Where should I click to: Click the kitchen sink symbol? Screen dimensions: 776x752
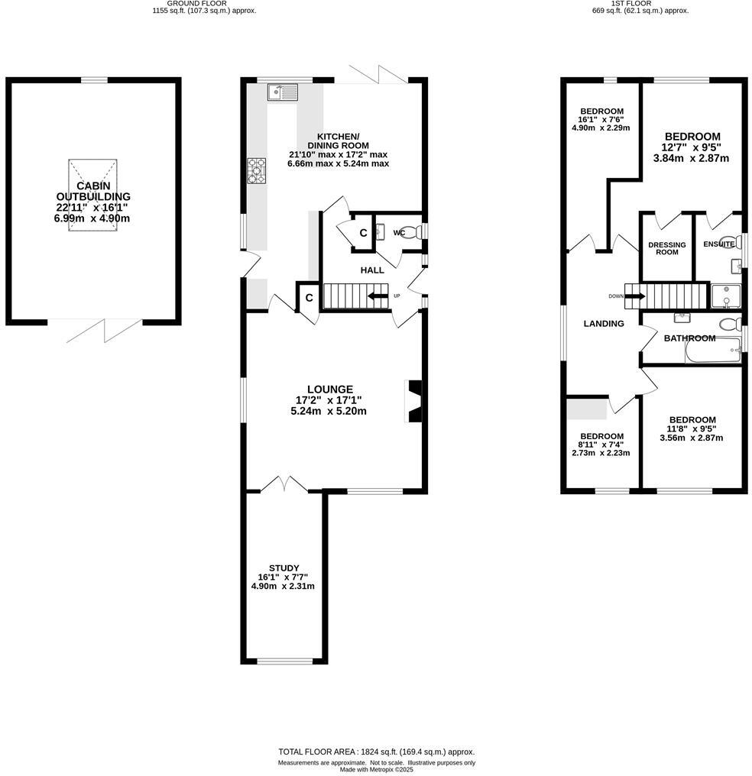click(x=282, y=93)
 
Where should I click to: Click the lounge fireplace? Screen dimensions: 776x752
click(x=413, y=401)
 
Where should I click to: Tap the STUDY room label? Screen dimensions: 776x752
click(x=283, y=567)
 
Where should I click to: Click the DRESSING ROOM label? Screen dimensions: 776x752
click(x=666, y=248)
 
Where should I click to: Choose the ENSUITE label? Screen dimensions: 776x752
click(x=718, y=244)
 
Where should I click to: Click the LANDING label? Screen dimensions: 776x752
click(x=604, y=323)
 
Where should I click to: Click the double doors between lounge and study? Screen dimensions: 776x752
click(x=284, y=484)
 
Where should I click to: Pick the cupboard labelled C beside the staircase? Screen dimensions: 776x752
click(x=309, y=298)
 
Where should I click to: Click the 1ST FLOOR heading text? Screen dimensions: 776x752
click(x=630, y=4)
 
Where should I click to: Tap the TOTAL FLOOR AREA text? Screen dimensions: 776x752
click(x=376, y=752)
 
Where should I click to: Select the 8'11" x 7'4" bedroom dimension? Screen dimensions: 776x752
click(x=601, y=445)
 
